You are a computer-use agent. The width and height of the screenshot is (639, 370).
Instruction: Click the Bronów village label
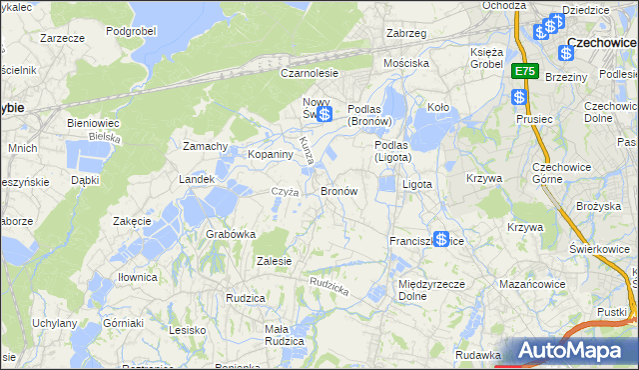pyautogui.click(x=338, y=190)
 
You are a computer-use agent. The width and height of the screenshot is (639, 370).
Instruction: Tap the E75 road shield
pyautogui.click(x=526, y=72)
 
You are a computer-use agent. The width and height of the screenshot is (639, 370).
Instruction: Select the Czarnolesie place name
pyautogui.click(x=310, y=73)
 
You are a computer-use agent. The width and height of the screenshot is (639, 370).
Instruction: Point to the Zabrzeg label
pyautogui.click(x=406, y=32)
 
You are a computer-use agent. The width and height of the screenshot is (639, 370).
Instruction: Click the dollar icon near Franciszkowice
pyautogui.click(x=440, y=238)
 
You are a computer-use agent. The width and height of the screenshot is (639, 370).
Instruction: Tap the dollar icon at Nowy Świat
pyautogui.click(x=324, y=114)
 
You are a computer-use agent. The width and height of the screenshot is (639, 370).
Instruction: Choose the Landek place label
pyautogui.click(x=196, y=179)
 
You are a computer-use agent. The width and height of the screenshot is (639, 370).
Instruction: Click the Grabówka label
pyautogui.click(x=231, y=234)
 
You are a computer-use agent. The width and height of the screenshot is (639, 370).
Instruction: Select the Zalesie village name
pyautogui.click(x=274, y=261)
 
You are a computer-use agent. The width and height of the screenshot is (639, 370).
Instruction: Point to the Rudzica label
pyautogui.click(x=245, y=298)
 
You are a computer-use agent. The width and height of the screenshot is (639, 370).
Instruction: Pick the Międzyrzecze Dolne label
pyautogui.click(x=427, y=290)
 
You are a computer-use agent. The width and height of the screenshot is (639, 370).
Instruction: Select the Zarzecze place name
pyautogui.click(x=60, y=37)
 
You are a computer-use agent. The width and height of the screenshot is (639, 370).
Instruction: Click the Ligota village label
pyautogui.click(x=416, y=185)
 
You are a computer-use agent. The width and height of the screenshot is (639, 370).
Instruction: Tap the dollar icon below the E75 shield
pyautogui.click(x=518, y=97)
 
